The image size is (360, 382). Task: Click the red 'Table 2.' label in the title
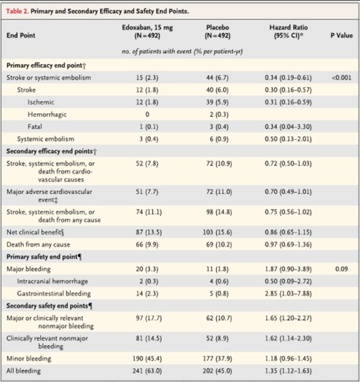[17, 11]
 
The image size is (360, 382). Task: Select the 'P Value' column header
[342, 36]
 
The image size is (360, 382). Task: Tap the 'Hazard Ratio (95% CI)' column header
[288, 31]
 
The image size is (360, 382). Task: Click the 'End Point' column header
[21, 36]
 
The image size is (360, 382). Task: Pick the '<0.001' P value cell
[342, 78]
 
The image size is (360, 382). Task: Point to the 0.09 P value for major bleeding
[342, 269]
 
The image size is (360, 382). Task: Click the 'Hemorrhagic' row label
[47, 114]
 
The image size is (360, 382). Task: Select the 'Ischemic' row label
[41, 102]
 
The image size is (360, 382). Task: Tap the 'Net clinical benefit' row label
[35, 232]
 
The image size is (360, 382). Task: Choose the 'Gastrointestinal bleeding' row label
[54, 294]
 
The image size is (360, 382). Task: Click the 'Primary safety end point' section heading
[44, 257]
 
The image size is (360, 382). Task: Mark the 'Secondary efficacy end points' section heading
[51, 151]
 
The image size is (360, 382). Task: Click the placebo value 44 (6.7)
[217, 78]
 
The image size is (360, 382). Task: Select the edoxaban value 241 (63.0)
[147, 371]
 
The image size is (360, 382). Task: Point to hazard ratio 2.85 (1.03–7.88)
[288, 294]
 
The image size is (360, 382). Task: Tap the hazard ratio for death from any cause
[288, 244]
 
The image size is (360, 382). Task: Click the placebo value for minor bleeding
[217, 358]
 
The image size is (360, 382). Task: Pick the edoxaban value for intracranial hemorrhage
[149, 282]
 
